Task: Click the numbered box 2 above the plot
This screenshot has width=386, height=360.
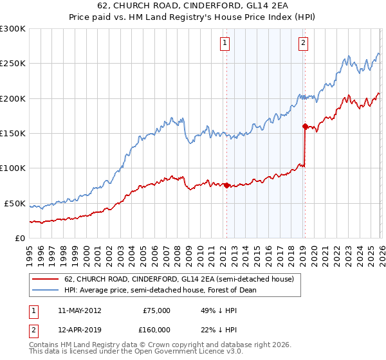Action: [x=303, y=44]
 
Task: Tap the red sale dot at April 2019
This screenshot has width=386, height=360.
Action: [x=304, y=127]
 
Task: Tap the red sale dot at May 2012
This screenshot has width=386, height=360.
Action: [x=226, y=185]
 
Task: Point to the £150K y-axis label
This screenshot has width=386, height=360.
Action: [x=13, y=133]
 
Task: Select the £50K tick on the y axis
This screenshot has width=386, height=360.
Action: [x=15, y=203]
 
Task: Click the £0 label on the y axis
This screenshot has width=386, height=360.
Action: [x=20, y=238]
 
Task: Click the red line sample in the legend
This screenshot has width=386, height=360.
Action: [x=45, y=280]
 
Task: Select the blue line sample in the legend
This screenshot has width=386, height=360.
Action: [x=45, y=289]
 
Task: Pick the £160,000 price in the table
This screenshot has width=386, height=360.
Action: [x=156, y=329]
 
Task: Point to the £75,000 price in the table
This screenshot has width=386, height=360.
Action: [x=156, y=310]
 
